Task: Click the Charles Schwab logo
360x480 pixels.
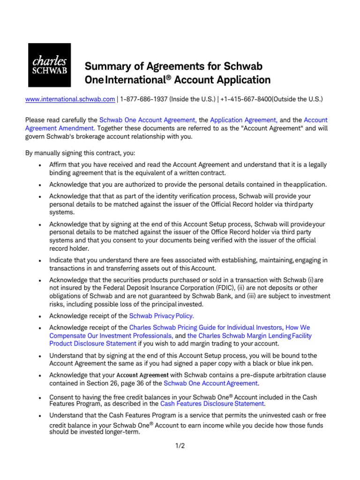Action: [x=49, y=65]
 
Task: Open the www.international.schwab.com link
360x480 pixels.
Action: [x=70, y=99]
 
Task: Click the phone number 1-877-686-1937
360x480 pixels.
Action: [x=144, y=99]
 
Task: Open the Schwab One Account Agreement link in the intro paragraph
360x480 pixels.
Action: [x=148, y=120]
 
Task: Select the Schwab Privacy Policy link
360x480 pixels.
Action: [x=161, y=316]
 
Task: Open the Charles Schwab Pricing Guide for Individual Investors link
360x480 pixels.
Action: [x=206, y=327]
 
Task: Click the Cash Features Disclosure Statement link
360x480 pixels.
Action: [x=213, y=403]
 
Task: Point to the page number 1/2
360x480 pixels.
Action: [x=180, y=446]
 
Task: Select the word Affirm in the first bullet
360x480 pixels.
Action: [x=59, y=165]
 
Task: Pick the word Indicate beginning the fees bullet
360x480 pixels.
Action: [x=62, y=260]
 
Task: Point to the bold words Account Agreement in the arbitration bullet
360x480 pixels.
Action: [x=142, y=375]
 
